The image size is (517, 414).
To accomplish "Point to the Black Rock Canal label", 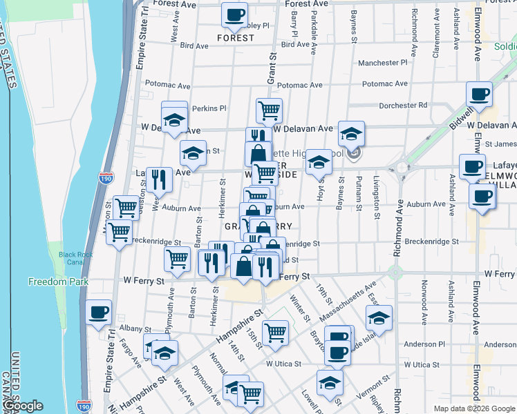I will (x=76, y=258).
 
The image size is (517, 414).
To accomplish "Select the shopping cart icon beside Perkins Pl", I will (x=269, y=109).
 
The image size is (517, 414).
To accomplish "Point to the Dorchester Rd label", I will (x=404, y=106).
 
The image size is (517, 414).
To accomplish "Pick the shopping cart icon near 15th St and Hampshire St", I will (x=275, y=333).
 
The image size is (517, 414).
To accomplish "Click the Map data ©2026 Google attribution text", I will (x=474, y=408).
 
